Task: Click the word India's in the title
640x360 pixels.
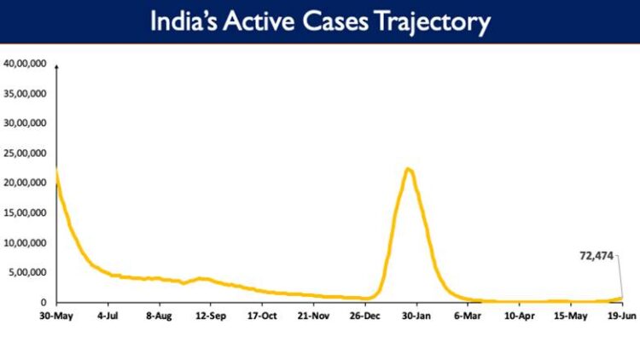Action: click(x=183, y=22)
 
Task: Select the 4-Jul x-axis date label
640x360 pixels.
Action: click(x=108, y=315)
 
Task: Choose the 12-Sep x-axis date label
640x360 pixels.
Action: click(x=211, y=315)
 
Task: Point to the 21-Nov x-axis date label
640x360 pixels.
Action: click(x=313, y=315)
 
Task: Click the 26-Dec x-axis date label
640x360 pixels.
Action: click(x=365, y=315)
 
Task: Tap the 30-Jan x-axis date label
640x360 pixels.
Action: click(x=416, y=315)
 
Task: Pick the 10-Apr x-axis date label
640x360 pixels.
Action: click(x=519, y=315)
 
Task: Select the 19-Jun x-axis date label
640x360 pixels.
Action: click(x=621, y=315)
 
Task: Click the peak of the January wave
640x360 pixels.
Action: click(x=409, y=169)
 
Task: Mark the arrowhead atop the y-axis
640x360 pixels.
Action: click(x=56, y=65)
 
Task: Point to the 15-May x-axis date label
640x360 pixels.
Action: click(x=571, y=315)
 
